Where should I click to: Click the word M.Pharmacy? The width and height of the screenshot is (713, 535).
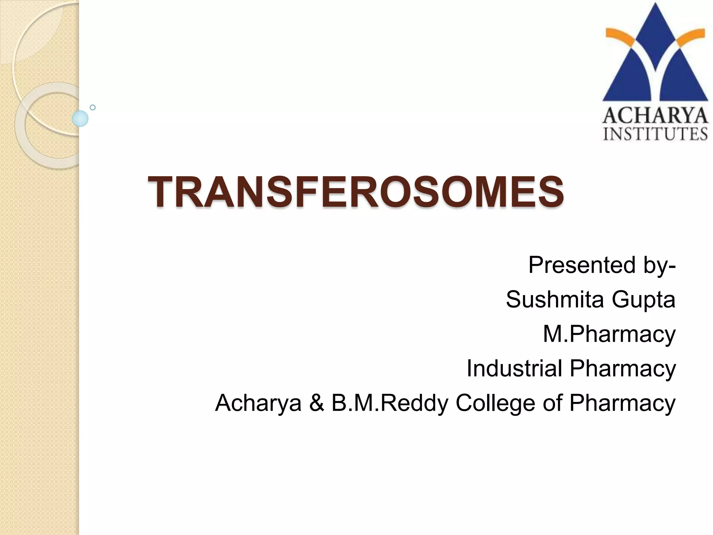(x=609, y=334)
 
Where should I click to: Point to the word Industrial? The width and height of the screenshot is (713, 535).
(x=514, y=368)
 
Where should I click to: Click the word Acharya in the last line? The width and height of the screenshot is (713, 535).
(x=258, y=403)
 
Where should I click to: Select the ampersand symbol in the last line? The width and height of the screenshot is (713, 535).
(x=316, y=403)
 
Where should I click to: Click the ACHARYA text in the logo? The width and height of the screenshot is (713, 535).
(x=655, y=116)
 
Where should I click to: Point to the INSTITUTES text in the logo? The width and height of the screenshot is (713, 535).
(x=655, y=134)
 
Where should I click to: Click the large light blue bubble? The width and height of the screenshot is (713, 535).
(x=80, y=118)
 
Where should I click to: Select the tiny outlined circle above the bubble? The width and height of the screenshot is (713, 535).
(x=93, y=107)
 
